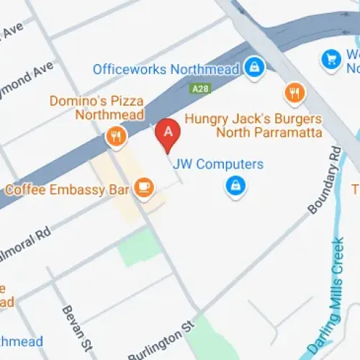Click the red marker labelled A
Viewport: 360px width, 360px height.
tap(168, 133)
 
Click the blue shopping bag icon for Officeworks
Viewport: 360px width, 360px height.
tap(253, 68)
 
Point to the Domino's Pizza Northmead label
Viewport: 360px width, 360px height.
tap(96, 108)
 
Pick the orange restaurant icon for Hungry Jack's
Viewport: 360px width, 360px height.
tap(293, 92)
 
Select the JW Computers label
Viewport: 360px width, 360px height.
tap(218, 164)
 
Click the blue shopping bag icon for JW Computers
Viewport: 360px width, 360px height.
tap(233, 188)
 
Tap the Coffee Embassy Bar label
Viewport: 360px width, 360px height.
tap(67, 189)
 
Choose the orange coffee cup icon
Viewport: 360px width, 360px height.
tap(144, 188)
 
